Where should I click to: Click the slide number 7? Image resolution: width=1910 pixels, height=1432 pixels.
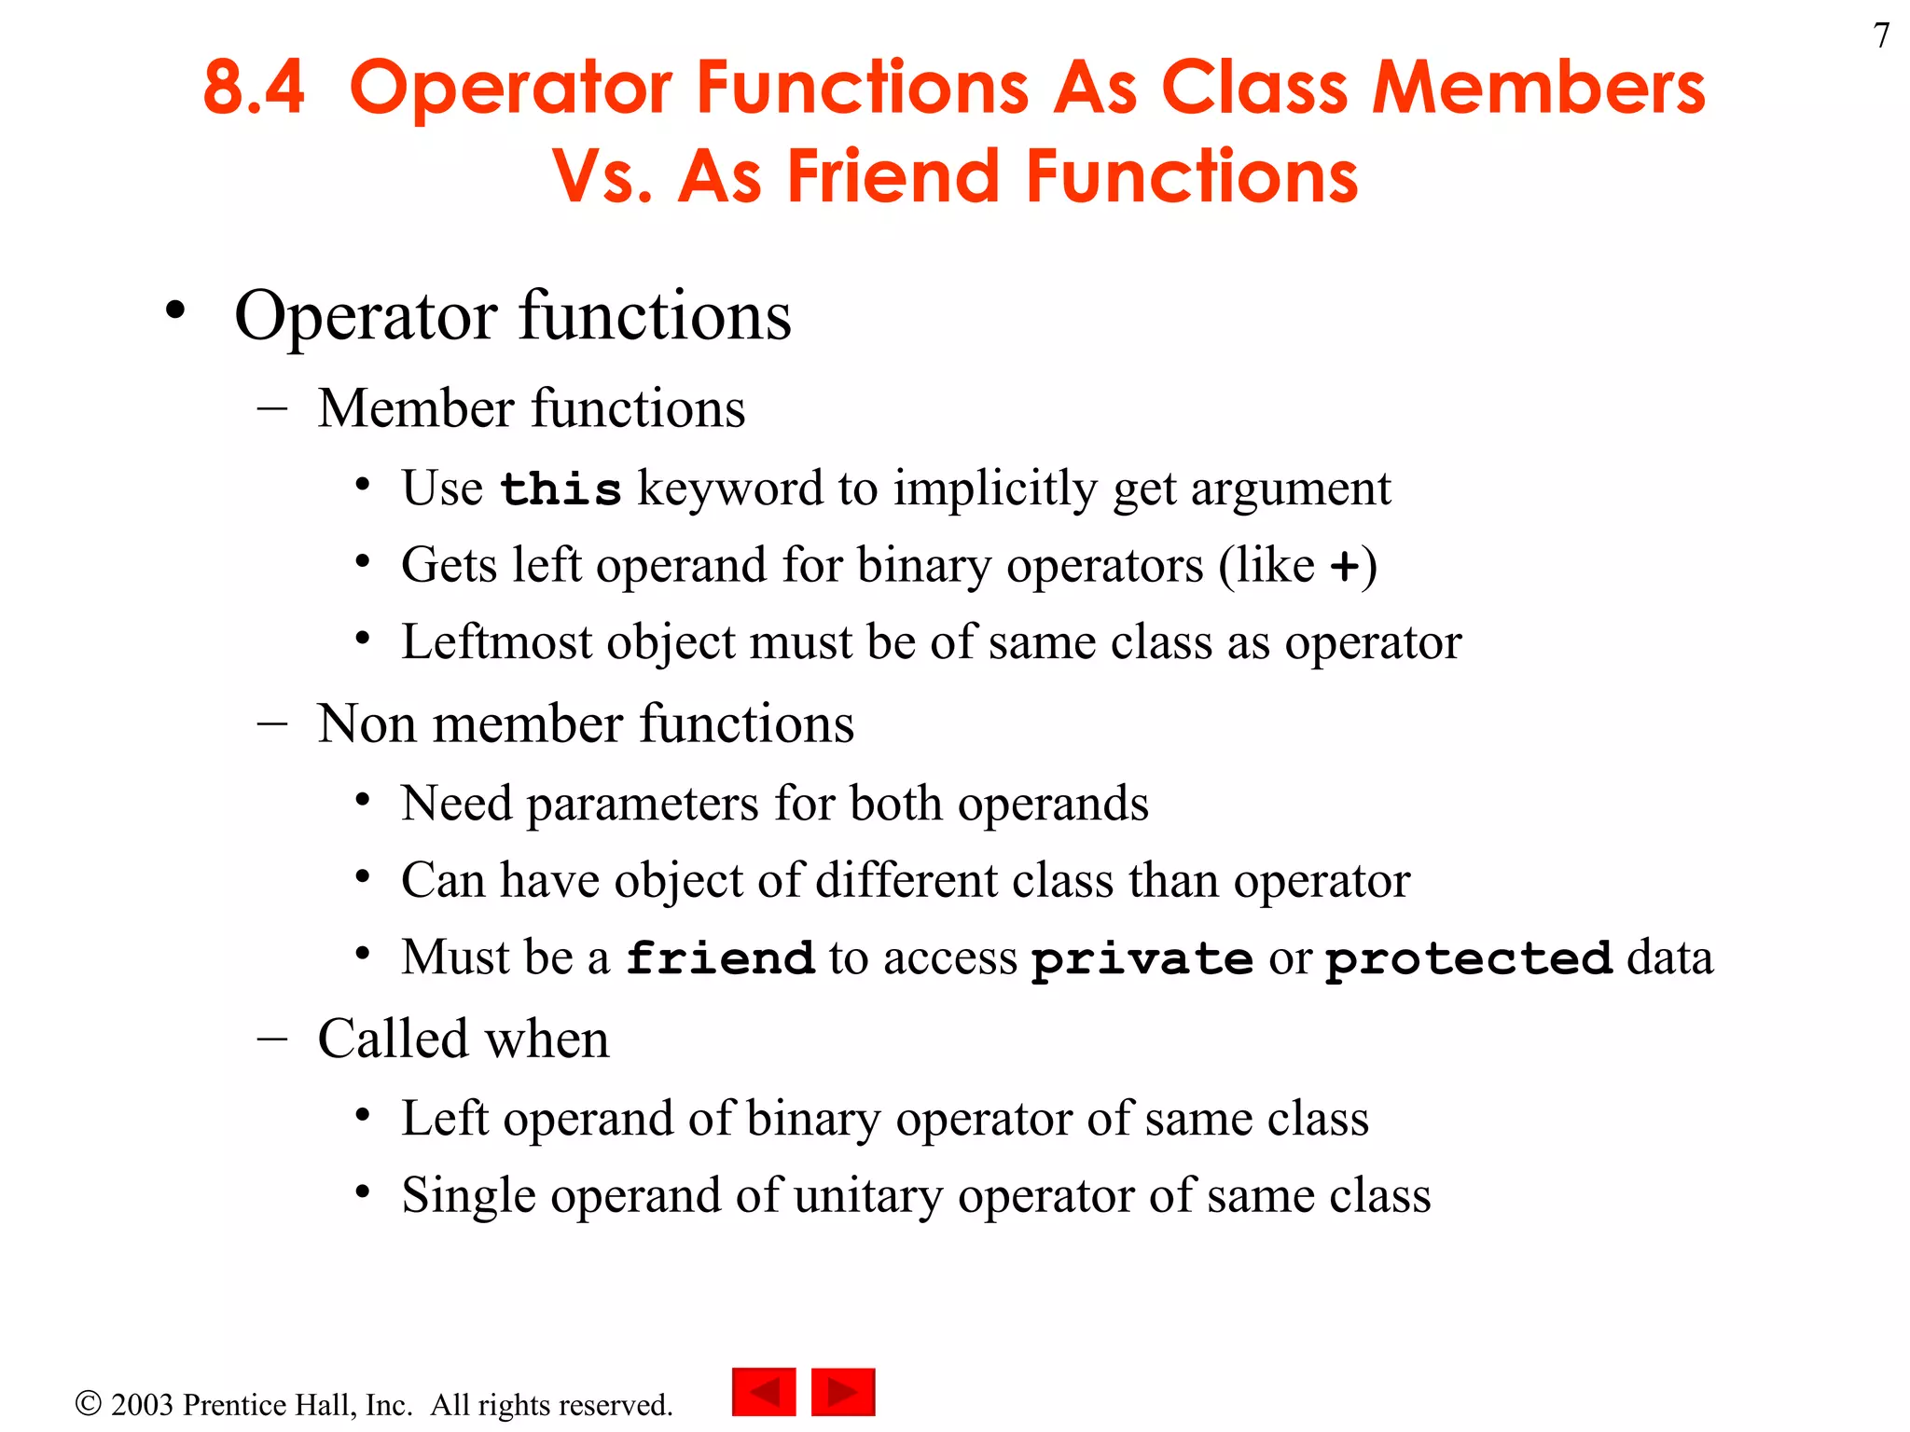click(x=1881, y=36)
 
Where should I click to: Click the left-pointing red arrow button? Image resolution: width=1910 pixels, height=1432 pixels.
click(x=764, y=1392)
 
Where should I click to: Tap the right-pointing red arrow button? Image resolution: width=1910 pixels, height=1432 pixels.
click(x=843, y=1392)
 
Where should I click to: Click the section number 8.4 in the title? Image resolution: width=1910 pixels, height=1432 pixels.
click(x=254, y=88)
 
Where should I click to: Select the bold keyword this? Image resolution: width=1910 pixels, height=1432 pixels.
click(x=561, y=489)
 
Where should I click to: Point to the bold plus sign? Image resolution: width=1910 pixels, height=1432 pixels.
click(x=1344, y=566)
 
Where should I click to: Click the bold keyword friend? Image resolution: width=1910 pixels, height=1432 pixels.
click(x=720, y=958)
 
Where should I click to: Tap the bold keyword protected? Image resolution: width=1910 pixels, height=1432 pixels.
click(x=1469, y=958)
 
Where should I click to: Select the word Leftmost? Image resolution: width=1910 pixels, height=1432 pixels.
click(x=497, y=642)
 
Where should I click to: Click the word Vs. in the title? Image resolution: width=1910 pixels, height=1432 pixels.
click(x=602, y=176)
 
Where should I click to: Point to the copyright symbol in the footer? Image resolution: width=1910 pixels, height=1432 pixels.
click(x=88, y=1403)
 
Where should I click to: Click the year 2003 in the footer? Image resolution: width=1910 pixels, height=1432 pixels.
click(x=142, y=1405)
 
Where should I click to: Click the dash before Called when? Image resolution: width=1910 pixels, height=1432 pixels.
click(x=271, y=1040)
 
